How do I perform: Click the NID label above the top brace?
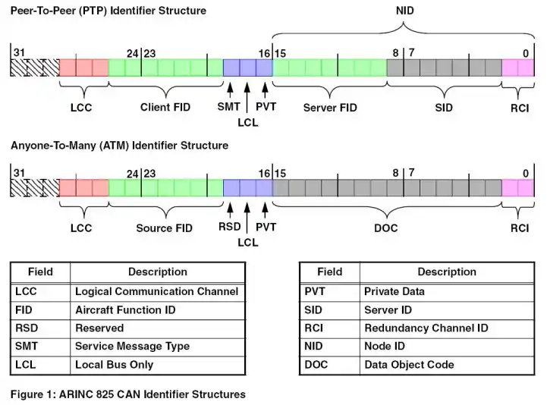(404, 11)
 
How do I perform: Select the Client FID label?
(165, 107)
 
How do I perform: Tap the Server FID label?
(330, 108)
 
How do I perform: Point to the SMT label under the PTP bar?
(228, 106)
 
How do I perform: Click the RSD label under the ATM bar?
(230, 227)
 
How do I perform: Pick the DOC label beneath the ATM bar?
(386, 228)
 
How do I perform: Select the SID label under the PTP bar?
(444, 108)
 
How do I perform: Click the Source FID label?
(165, 228)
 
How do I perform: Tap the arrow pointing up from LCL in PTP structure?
(247, 97)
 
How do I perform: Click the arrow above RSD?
(230, 211)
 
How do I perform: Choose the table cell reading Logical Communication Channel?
(156, 291)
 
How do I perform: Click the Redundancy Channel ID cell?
(426, 328)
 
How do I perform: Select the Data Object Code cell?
(409, 365)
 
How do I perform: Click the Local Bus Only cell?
(115, 365)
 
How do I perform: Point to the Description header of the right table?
(447, 272)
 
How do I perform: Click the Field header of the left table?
(40, 272)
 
